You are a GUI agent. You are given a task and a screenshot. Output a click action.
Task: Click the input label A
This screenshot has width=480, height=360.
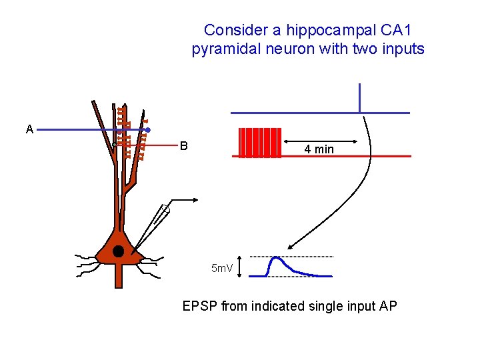point(29,129)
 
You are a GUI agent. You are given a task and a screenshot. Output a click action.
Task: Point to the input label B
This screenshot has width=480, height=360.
point(183,146)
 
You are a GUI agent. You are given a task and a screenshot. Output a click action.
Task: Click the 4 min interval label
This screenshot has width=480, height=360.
point(319,149)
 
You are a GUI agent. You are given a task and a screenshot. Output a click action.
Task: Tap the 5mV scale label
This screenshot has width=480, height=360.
point(221,269)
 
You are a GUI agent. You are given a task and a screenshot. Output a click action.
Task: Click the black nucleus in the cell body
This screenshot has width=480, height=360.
point(119,251)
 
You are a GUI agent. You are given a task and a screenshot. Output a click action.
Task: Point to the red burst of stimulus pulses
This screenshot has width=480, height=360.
point(260,143)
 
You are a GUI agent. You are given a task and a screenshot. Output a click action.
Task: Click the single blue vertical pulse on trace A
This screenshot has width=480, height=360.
point(359,97)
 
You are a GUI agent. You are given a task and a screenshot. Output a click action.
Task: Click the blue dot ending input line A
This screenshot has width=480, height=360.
point(147,130)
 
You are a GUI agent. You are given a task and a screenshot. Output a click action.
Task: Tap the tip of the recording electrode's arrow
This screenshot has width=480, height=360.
point(198,199)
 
